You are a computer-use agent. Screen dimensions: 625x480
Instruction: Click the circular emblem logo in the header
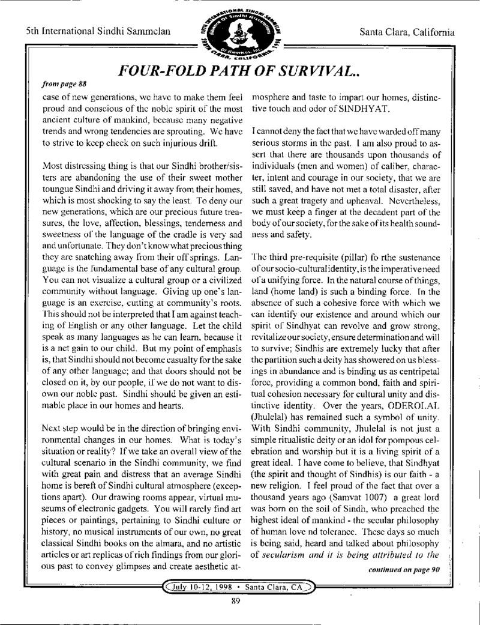pos(238,30)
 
